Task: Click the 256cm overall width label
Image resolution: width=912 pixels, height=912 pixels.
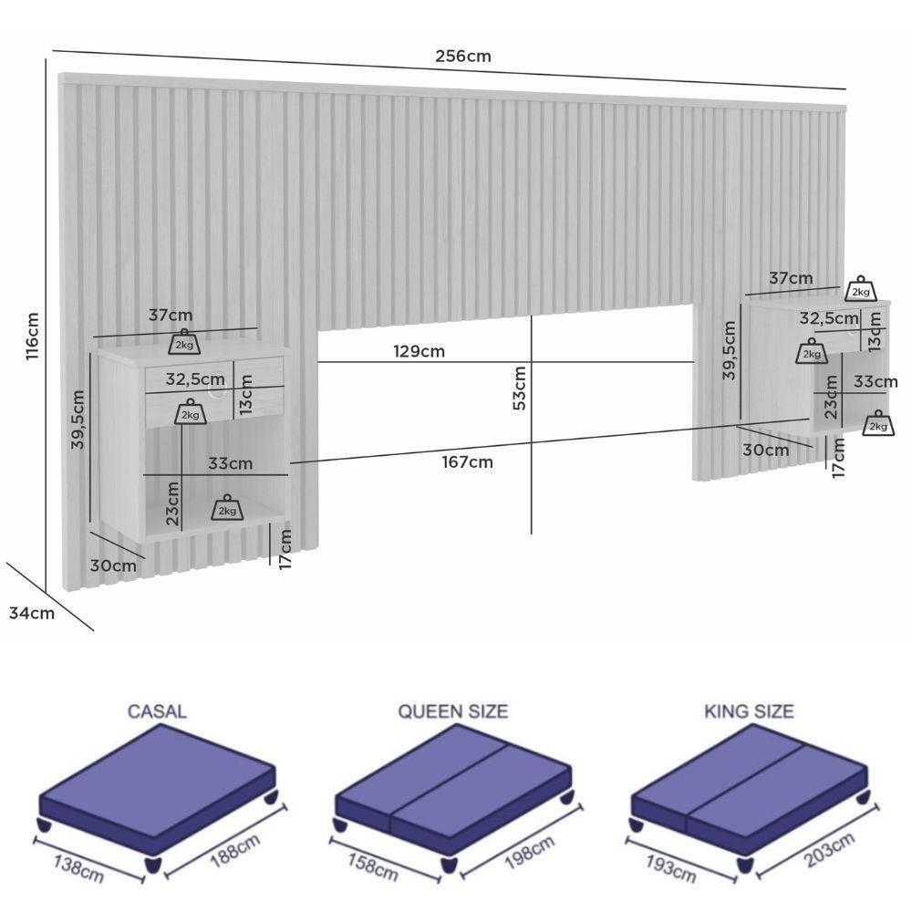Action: [463, 57]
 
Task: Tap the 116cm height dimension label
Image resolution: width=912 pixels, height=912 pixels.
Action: [32, 337]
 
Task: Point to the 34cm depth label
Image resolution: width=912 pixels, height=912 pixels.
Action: [32, 613]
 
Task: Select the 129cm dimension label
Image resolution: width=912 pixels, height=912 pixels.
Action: [419, 351]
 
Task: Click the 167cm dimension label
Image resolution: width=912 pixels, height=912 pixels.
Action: [467, 461]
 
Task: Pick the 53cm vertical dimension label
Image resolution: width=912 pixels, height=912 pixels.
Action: [520, 388]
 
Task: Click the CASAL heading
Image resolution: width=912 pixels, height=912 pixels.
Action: [157, 711]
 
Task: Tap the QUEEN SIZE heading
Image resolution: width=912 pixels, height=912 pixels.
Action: [452, 711]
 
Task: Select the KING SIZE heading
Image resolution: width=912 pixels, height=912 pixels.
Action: [749, 711]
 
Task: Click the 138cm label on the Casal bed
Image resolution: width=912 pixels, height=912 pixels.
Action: [78, 868]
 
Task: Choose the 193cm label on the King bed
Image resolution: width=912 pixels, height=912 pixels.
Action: [670, 869]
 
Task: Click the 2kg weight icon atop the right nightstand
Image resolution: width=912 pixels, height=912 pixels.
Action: [861, 289]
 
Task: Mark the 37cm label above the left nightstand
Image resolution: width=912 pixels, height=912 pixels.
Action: [171, 316]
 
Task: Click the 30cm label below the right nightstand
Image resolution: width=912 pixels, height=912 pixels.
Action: [765, 450]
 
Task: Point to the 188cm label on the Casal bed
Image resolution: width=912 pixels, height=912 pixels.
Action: [234, 850]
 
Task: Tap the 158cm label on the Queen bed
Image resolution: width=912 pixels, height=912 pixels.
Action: [373, 868]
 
